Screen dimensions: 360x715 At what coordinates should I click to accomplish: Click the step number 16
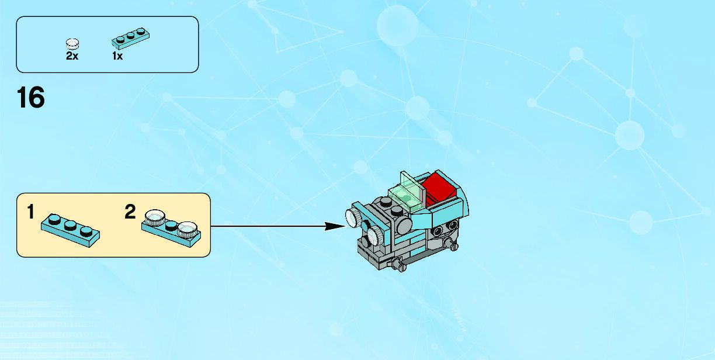(x=31, y=98)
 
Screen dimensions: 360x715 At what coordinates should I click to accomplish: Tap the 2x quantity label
(x=72, y=56)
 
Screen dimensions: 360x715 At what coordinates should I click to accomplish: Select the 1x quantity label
(x=117, y=56)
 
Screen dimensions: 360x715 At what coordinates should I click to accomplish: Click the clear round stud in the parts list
(x=72, y=43)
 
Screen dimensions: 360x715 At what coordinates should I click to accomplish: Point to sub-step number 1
(x=30, y=212)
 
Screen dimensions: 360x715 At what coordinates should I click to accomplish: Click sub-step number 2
(x=130, y=212)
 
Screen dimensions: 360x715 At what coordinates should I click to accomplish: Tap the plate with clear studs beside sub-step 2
(x=171, y=229)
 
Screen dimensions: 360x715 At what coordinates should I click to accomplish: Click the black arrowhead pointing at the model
(x=335, y=226)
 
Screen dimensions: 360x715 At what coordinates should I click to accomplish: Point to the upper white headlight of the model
(x=353, y=217)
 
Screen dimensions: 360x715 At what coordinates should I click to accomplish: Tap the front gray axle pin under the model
(x=401, y=266)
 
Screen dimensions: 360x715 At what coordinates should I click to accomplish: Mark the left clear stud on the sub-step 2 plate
(x=154, y=217)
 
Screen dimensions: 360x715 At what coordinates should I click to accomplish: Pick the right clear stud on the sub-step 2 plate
(x=188, y=229)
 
